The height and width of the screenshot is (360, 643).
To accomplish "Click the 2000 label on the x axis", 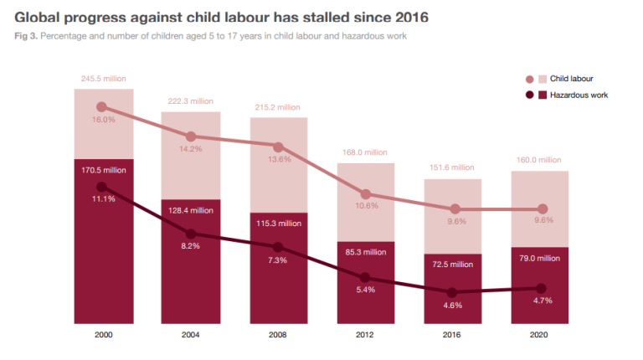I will pyautogui.click(x=103, y=335).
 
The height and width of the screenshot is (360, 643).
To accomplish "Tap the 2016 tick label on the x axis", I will pyautogui.click(x=453, y=335).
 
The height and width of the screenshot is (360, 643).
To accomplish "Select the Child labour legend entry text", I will pyautogui.click(x=572, y=79).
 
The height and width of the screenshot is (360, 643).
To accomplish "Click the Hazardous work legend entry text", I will pyautogui.click(x=579, y=95).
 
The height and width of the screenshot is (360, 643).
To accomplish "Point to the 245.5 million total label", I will pyautogui.click(x=103, y=79).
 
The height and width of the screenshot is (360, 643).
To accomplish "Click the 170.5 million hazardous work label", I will pyautogui.click(x=103, y=169).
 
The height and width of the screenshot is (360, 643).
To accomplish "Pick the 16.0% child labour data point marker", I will pyautogui.click(x=102, y=107).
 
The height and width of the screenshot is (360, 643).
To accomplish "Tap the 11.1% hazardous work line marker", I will pyautogui.click(x=102, y=187).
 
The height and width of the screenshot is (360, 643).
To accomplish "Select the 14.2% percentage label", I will pyautogui.click(x=190, y=149).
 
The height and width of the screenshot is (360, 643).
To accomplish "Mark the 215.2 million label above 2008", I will pyautogui.click(x=278, y=107).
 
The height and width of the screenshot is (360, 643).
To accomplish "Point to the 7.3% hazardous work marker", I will pyautogui.click(x=278, y=247).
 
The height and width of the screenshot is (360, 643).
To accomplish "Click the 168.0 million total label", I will pyautogui.click(x=366, y=152).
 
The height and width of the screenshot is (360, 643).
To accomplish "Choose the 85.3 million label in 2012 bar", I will pyautogui.click(x=366, y=252).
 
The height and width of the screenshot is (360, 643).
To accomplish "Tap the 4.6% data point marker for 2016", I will pyautogui.click(x=453, y=292).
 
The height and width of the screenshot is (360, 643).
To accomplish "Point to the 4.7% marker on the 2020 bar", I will pyautogui.click(x=541, y=288).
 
